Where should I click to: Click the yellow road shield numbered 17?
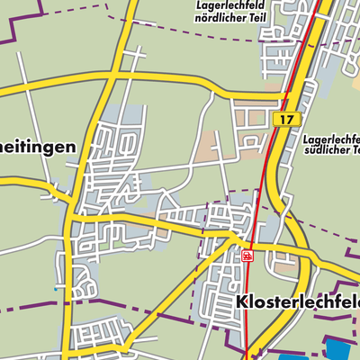pos(286,119)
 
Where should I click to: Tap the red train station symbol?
pos(247,256)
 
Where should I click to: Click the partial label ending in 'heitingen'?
pos(36,147)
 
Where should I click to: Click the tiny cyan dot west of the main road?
pos(55,290)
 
